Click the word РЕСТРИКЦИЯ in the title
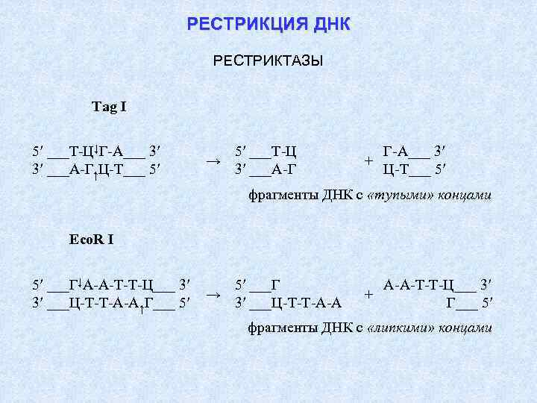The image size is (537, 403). (236, 25)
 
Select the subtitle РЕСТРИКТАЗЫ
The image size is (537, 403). (268, 60)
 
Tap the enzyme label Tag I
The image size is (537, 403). (109, 107)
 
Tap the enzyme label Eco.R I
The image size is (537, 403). (91, 240)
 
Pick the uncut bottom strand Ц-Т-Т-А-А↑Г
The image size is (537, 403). (111, 302)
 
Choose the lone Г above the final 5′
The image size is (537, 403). (450, 302)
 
